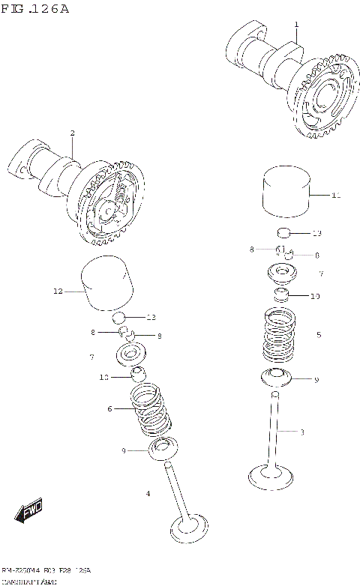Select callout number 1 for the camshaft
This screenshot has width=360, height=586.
296,25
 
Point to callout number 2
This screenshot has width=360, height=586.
72,133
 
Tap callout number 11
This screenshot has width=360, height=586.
335,195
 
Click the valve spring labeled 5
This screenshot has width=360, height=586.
281,336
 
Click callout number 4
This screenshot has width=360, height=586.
148,493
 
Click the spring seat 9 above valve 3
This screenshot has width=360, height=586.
281,378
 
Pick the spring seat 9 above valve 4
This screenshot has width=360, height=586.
161,449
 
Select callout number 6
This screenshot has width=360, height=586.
109,408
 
